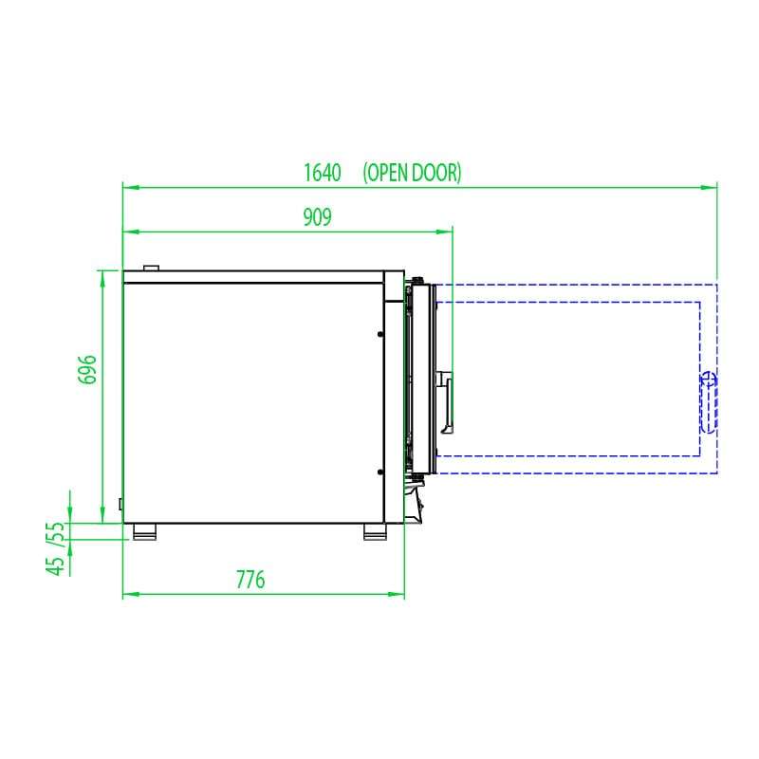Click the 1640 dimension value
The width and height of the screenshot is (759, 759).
point(322,173)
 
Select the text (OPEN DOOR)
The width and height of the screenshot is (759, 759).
point(412,173)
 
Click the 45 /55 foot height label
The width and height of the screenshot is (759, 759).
point(59,548)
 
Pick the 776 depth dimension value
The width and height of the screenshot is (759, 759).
point(250,580)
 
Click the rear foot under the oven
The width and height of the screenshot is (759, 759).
point(145,532)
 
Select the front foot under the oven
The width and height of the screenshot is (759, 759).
point(376,532)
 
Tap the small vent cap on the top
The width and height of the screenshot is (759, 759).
point(150,268)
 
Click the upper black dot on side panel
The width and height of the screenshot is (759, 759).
point(380,335)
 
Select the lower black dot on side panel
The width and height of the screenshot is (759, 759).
point(380,472)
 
